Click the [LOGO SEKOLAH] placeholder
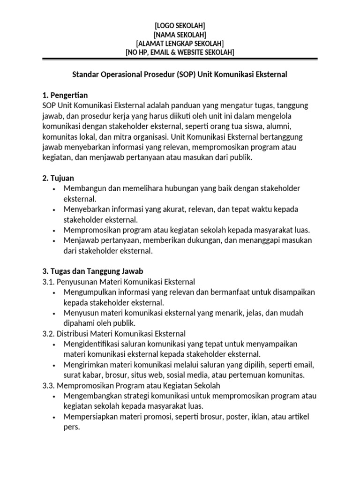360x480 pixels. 180,25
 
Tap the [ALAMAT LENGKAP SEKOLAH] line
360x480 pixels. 180,43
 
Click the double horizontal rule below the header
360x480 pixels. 180,59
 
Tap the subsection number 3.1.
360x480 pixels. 48,281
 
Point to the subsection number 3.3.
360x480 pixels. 48,385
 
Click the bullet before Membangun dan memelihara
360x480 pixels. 55,188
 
